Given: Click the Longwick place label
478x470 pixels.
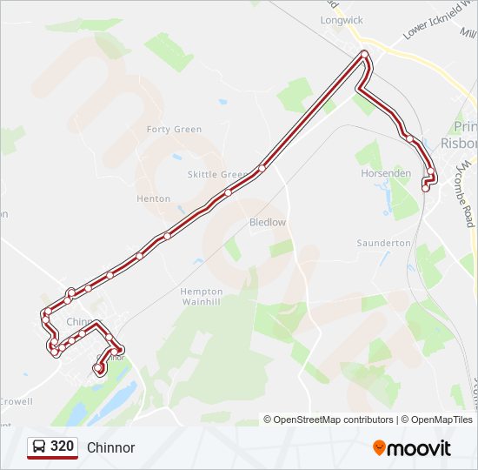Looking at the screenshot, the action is click(x=342, y=18).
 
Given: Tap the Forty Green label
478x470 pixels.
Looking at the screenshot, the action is click(x=174, y=130).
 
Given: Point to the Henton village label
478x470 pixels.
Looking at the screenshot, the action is click(x=154, y=198).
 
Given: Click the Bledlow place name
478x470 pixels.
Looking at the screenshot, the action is click(x=268, y=222).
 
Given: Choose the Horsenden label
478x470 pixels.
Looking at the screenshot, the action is click(x=386, y=173).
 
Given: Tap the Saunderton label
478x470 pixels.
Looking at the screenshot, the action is click(x=383, y=243).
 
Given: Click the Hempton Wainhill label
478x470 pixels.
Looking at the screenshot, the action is click(x=202, y=297).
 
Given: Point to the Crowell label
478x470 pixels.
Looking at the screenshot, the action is click(x=16, y=401).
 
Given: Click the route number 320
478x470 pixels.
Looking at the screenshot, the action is click(x=63, y=446).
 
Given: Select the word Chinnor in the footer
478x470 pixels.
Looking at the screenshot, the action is click(x=110, y=447).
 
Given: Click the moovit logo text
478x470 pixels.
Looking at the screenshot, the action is click(x=420, y=448).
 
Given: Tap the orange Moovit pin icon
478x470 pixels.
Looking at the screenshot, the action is click(x=380, y=448).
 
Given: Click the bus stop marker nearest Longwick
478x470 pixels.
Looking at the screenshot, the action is click(x=365, y=56).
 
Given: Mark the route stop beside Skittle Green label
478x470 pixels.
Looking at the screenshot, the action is click(x=228, y=192).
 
